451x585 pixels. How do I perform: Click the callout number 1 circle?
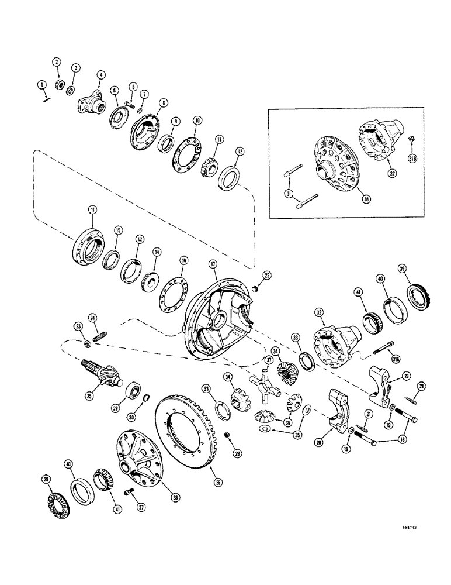41,85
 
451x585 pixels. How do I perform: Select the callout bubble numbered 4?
101,74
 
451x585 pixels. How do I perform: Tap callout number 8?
147,102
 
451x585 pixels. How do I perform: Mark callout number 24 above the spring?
92,318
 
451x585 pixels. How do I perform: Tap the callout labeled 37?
269,359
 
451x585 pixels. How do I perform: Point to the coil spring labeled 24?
98,338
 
